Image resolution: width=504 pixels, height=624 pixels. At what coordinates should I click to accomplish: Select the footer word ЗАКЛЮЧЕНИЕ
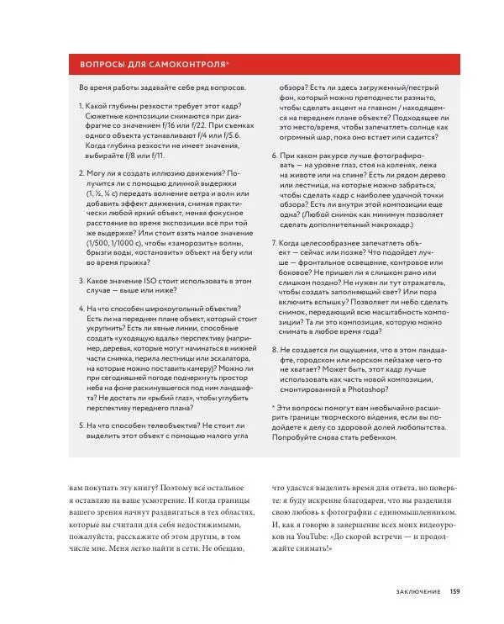(417, 591)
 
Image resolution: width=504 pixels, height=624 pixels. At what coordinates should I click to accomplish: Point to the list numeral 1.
(81, 108)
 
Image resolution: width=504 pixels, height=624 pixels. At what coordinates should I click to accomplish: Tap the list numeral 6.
(274, 156)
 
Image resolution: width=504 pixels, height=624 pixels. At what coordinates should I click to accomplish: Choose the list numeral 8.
(274, 349)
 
